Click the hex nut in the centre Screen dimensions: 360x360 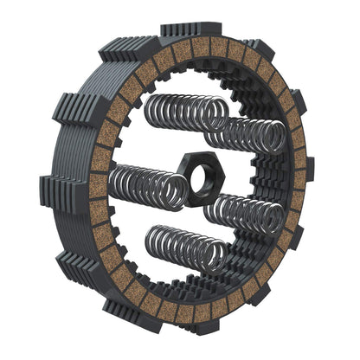(205, 179)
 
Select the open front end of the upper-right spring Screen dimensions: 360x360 (275, 138)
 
